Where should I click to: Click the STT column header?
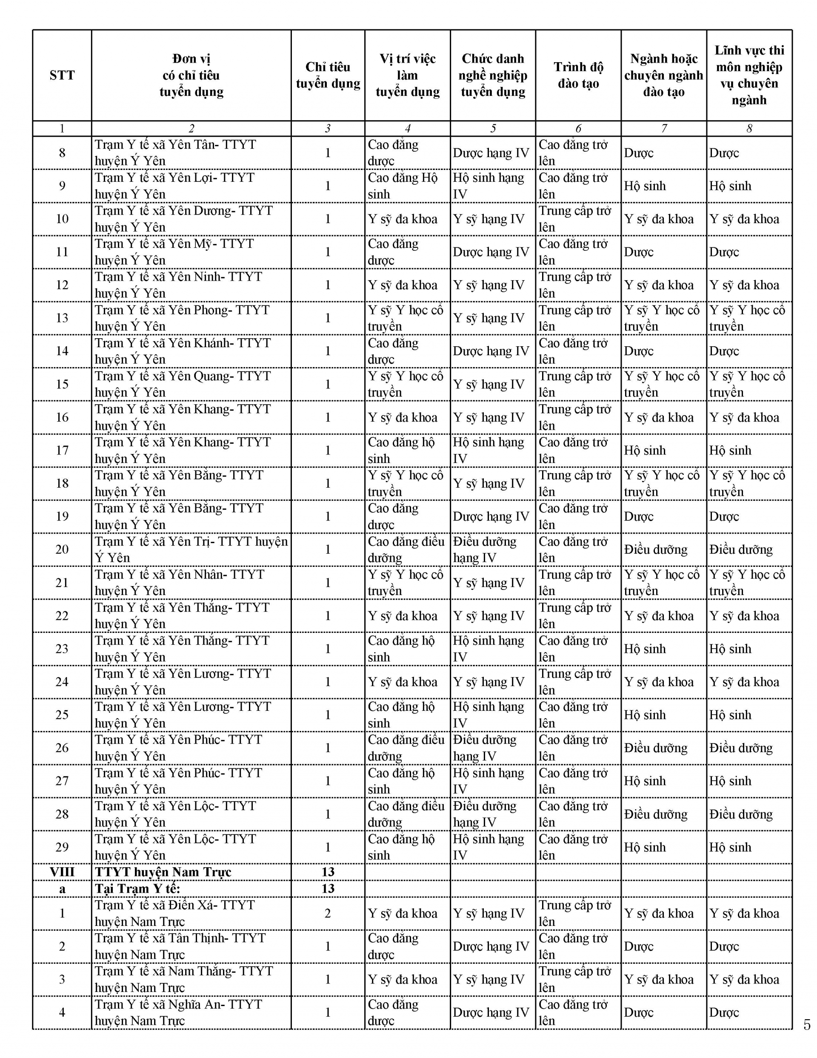pyautogui.click(x=62, y=75)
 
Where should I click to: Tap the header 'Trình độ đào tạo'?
pyautogui.click(x=578, y=75)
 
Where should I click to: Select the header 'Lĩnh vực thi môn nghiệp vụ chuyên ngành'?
pyautogui.click(x=749, y=75)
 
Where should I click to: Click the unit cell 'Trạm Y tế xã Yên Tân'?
pyautogui.click(x=175, y=152)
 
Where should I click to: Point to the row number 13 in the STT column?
pyautogui.click(x=62, y=318)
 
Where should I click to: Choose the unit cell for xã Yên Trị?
pyautogui.click(x=191, y=549)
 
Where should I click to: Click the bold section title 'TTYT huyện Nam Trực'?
pyautogui.click(x=163, y=872)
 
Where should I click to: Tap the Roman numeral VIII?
pyautogui.click(x=62, y=872)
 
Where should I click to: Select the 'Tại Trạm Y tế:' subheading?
pyautogui.click(x=137, y=888)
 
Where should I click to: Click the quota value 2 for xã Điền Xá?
pyautogui.click(x=328, y=913)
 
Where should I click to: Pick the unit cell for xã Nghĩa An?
pyautogui.click(x=178, y=1012)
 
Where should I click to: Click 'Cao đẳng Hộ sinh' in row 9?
pyautogui.click(x=402, y=186)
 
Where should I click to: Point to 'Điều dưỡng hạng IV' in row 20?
pyautogui.click(x=485, y=549)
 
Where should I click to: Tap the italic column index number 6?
pyautogui.click(x=578, y=128)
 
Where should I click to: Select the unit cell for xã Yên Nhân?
pyautogui.click(x=179, y=582)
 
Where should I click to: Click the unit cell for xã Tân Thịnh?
pyautogui.click(x=180, y=946)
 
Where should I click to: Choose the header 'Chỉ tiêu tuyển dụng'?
pyautogui.click(x=328, y=75)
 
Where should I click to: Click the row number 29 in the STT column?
pyautogui.click(x=62, y=847)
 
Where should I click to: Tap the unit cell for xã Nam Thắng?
pyautogui.click(x=183, y=979)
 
